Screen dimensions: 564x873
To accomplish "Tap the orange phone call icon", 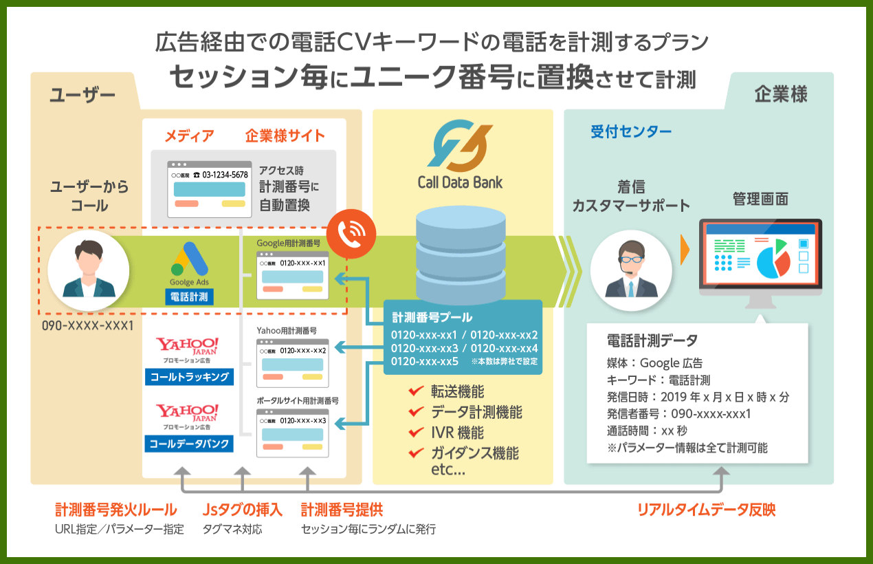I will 351,235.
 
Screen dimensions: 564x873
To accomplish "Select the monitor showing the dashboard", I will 760,258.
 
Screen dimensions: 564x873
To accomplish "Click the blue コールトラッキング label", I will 190,377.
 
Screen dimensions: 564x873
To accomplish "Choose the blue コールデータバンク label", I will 190,444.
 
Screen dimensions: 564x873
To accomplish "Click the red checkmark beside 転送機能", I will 415,391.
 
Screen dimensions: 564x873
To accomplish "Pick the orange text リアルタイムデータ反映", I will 706,510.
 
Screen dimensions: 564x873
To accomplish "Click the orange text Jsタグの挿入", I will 243,510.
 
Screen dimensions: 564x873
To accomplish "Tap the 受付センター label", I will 631,132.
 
